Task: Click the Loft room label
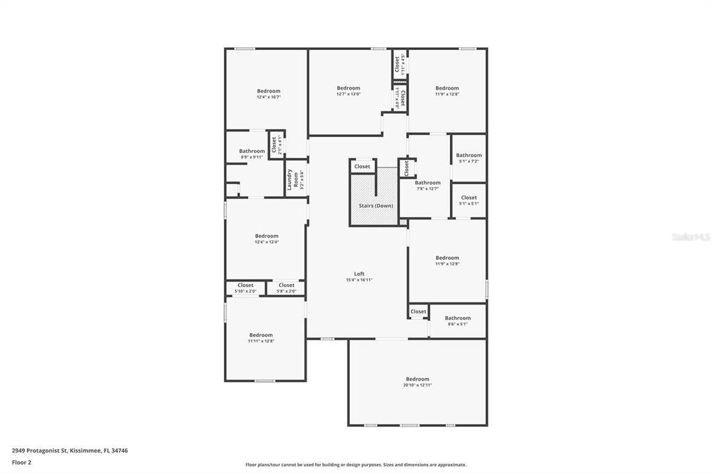[359, 277]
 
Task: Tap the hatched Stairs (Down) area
[375, 206]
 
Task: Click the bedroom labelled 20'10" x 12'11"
[417, 382]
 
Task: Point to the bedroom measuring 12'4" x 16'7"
[268, 94]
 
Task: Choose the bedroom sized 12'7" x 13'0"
[348, 91]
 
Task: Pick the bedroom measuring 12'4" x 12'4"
[266, 238]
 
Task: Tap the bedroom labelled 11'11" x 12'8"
[261, 338]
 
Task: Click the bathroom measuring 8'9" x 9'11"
[252, 154]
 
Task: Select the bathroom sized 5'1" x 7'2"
[469, 158]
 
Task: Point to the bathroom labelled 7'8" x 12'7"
[428, 186]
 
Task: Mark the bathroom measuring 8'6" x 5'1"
[458, 320]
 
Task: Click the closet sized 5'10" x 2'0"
[245, 288]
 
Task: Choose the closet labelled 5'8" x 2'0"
[286, 288]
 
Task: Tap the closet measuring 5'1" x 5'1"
[469, 200]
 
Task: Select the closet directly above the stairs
[362, 167]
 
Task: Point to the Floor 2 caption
[22, 461]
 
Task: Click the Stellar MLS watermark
[690, 237]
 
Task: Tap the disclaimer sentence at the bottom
[355, 465]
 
